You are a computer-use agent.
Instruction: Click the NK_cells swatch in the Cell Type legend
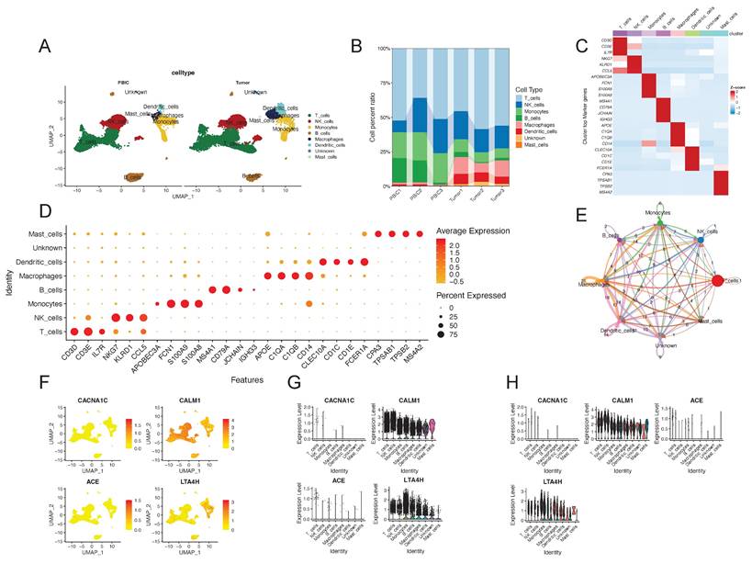(509, 105)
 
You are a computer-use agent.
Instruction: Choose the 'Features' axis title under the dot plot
(247, 377)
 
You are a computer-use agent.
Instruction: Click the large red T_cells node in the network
(718, 283)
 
